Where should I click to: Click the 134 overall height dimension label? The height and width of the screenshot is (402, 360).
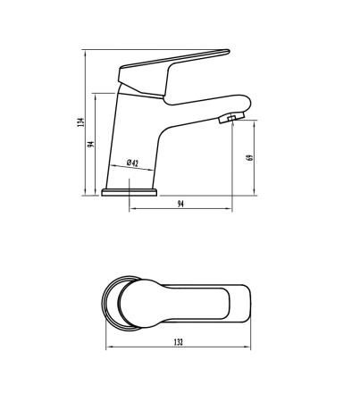81,122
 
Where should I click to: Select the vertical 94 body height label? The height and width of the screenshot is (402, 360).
91,144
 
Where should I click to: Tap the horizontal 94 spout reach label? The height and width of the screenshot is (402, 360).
180,204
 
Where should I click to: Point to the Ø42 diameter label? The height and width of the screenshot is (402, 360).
132,163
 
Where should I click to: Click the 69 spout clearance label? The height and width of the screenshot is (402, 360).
250,157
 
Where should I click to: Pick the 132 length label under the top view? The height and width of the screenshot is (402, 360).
179,342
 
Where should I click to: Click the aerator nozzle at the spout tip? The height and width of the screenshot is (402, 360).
231,118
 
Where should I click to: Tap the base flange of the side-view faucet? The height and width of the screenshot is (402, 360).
129,192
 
